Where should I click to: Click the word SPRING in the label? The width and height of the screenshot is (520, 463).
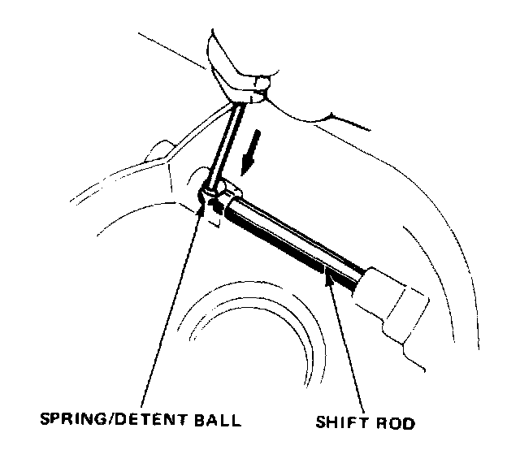coord(70,421)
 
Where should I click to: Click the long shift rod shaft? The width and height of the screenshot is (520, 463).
coord(292,239)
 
